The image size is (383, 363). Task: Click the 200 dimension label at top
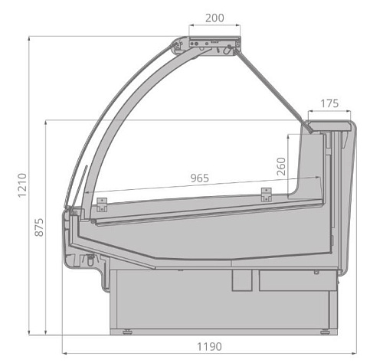tap(214, 18)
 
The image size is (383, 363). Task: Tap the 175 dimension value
tap(329, 103)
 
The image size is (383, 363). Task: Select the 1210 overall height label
tap(22, 185)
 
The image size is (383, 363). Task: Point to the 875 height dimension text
tap(39, 227)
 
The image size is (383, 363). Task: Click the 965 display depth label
tap(200, 178)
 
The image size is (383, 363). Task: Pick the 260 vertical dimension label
tap(281, 166)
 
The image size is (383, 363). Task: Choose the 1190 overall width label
tap(209, 346)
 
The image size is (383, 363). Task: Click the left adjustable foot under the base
tap(127, 332)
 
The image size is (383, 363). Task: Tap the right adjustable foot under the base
tap(325, 332)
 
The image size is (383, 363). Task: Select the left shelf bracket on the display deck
tap(102, 204)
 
